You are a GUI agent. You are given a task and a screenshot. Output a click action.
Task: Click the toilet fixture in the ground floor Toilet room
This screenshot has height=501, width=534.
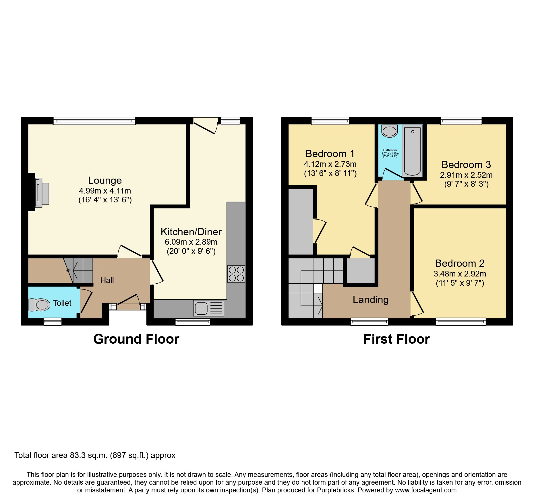pyautogui.click(x=39, y=305)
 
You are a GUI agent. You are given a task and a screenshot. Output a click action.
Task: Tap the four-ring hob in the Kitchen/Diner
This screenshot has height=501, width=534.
pyautogui.click(x=236, y=274)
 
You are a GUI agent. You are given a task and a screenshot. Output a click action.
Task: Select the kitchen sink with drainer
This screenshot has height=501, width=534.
pyautogui.click(x=208, y=308)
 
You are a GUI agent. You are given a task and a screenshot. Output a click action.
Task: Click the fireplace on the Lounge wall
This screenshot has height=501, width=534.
pyautogui.click(x=40, y=192)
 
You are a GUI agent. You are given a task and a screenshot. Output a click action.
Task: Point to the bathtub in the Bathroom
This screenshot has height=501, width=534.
pyautogui.click(x=412, y=151)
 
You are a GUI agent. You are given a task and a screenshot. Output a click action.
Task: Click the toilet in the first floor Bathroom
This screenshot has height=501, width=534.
pyautogui.click(x=389, y=131)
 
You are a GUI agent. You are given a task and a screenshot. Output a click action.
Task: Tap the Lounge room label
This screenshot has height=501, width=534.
pyautogui.click(x=105, y=180)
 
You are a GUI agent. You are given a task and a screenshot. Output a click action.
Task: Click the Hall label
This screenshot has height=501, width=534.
pyautogui.click(x=107, y=280)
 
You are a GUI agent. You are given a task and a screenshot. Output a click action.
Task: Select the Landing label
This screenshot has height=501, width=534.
pyautogui.click(x=370, y=299)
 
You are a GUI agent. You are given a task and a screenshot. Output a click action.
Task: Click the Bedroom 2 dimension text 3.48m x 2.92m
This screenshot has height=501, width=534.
pyautogui.click(x=460, y=274)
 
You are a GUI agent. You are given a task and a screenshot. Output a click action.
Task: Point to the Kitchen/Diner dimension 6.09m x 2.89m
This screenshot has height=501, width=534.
pyautogui.click(x=191, y=242)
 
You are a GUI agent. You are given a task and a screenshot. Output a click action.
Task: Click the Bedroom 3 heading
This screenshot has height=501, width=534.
pyautogui.click(x=466, y=165)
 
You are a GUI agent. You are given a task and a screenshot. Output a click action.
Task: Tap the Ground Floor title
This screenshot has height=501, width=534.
pyautogui.click(x=136, y=339)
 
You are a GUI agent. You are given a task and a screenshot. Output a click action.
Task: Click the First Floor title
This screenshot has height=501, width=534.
pyautogui.click(x=396, y=339)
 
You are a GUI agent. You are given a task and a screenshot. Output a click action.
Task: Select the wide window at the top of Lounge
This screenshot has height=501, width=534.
pyautogui.click(x=94, y=121)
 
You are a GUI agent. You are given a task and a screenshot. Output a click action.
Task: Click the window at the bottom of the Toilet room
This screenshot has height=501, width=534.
pyautogui.click(x=53, y=322)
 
